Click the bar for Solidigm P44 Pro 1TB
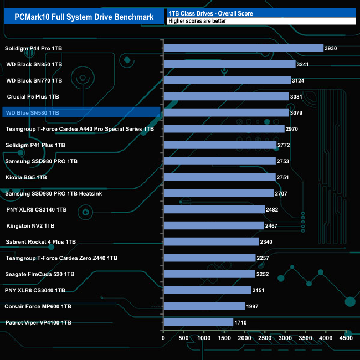click(x=243, y=48)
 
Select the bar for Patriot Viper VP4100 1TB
click(x=198, y=322)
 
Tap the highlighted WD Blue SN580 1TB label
click(x=32, y=113)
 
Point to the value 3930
click(x=331, y=48)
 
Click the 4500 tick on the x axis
click(x=346, y=337)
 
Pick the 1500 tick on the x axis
click(x=224, y=337)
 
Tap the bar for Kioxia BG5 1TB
click(x=219, y=177)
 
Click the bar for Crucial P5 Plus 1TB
click(x=226, y=97)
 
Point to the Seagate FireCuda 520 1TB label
click(x=40, y=274)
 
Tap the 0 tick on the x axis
click(x=163, y=337)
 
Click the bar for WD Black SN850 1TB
click(x=229, y=64)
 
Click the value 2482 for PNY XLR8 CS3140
click(x=275, y=209)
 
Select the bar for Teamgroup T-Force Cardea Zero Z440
click(x=209, y=258)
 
